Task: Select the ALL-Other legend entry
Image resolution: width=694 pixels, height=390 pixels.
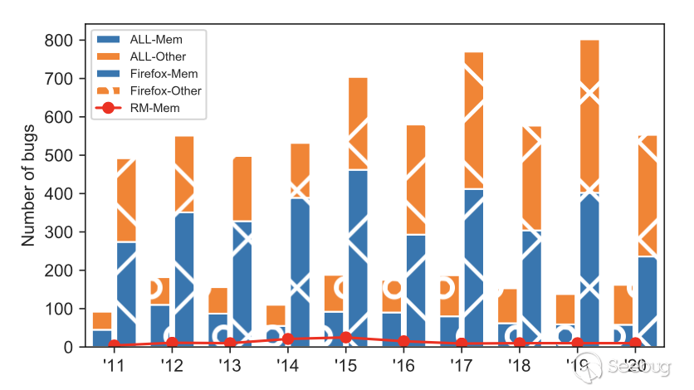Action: (x=158, y=56)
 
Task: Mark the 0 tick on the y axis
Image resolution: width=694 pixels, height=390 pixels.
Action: (x=70, y=347)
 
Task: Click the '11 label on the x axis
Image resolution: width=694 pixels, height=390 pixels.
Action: (x=114, y=365)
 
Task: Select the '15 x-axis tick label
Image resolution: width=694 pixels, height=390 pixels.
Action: (x=345, y=365)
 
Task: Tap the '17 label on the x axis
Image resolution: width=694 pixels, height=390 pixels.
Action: (x=462, y=365)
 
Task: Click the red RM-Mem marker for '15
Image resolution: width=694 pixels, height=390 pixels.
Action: (x=346, y=338)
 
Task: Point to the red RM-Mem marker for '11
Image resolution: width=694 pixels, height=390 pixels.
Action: (x=114, y=345)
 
